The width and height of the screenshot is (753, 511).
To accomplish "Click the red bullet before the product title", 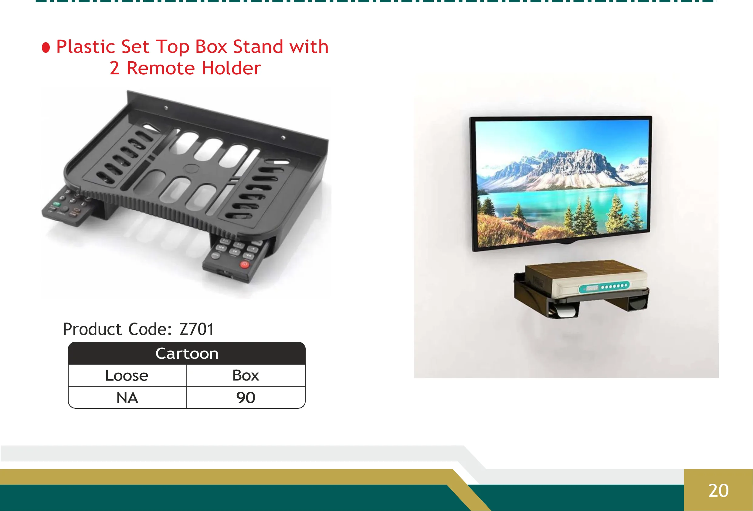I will coord(46,48).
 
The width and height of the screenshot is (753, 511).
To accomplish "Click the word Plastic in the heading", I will coord(86,47).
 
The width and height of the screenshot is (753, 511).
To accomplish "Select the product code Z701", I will coord(197,329).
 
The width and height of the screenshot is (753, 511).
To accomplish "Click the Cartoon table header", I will coord(187,354).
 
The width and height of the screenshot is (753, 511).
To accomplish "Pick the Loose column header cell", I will coord(127,376).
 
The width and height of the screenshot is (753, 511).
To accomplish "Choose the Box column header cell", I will coord(246,376).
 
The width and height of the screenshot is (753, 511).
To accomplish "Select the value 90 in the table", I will coord(246,398).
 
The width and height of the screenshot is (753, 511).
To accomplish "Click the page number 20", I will coord(718,491).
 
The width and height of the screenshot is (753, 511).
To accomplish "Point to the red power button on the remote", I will coord(245,264).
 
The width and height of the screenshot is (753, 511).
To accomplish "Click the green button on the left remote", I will coord(56,204).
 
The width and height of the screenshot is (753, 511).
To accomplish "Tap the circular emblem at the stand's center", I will coord(191,168).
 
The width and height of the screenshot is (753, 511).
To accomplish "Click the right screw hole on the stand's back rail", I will coord(283,138).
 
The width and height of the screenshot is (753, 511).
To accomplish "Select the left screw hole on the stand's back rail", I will coord(166,108).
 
